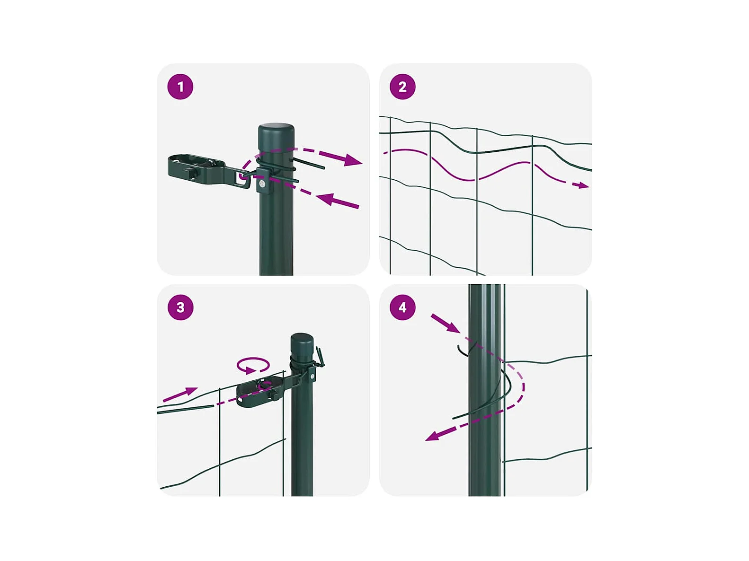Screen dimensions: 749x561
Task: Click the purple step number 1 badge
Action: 180,87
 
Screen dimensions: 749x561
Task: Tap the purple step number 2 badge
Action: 402,87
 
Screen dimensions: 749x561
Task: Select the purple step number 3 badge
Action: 180,307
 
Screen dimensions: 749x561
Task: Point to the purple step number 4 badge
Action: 402,307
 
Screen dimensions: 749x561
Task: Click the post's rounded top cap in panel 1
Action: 276,135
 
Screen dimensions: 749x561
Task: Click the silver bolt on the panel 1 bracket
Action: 262,184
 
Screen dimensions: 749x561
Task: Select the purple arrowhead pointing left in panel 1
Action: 325,199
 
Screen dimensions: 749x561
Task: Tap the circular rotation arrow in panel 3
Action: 253,365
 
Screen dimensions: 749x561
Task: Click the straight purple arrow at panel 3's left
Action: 180,394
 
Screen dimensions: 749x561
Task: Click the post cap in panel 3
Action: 302,345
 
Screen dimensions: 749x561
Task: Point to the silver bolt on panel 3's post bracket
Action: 312,376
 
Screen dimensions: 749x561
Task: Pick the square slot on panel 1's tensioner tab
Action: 242,178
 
